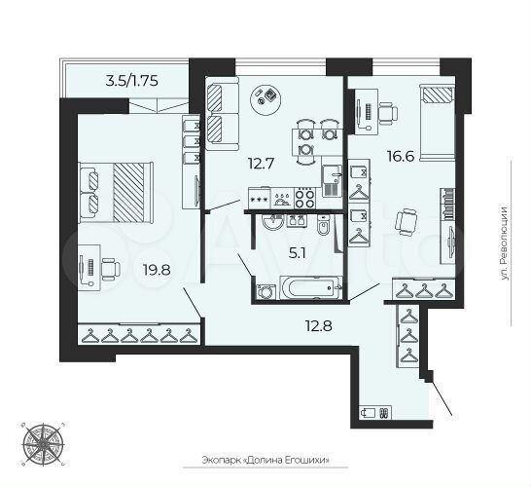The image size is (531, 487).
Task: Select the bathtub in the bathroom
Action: tap(310, 289)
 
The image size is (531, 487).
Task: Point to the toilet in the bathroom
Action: tap(321, 227)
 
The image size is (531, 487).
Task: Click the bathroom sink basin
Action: tap(274, 222)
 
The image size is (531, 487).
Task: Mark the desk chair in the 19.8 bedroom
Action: tap(109, 266)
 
